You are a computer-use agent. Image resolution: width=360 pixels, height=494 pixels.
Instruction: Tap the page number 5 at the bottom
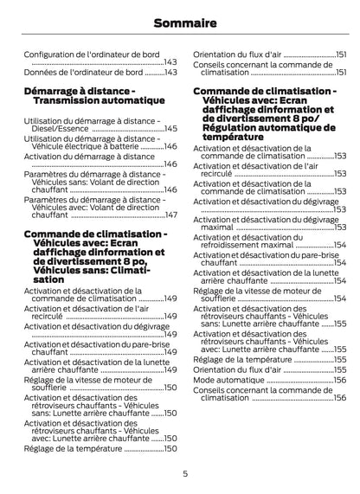(185, 472)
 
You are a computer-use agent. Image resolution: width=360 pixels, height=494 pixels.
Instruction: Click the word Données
(40, 72)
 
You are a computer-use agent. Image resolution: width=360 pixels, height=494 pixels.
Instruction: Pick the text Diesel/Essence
(59, 129)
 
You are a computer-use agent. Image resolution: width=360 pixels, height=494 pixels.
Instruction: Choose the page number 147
(170, 215)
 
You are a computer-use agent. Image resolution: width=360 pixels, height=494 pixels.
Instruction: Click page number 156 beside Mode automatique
(339, 380)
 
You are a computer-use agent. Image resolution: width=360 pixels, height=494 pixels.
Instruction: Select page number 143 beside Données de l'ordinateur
(170, 72)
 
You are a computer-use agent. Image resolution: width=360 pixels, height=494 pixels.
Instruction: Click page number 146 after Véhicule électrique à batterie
(170, 146)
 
